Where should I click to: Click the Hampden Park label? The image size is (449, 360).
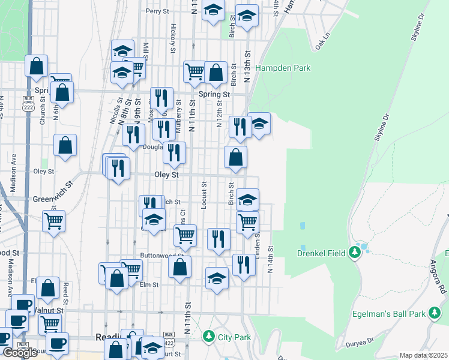(283, 68)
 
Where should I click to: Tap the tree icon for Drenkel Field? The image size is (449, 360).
(355, 253)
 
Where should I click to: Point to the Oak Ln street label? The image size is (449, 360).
(322, 40)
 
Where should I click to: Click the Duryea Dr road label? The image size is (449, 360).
(360, 343)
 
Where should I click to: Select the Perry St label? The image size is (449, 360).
(157, 11)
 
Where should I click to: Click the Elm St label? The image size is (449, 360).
(149, 285)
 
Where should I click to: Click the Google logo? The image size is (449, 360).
(19, 353)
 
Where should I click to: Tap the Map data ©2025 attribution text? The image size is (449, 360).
(423, 355)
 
